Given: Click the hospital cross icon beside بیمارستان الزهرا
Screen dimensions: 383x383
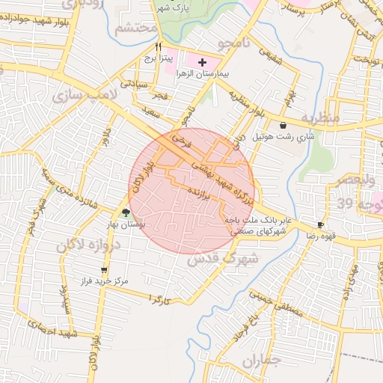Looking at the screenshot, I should tap(202, 61).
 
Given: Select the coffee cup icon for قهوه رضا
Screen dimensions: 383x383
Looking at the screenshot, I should tap(320, 224).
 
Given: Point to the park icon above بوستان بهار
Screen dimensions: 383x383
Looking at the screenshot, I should tap(126, 212).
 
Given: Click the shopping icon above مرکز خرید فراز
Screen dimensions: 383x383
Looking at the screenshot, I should tap(103, 270).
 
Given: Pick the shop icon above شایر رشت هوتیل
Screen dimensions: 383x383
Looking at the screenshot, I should tap(283, 125).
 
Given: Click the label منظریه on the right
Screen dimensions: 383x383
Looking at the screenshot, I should tap(323, 118).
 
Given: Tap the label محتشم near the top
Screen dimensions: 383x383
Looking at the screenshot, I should tap(137, 28).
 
